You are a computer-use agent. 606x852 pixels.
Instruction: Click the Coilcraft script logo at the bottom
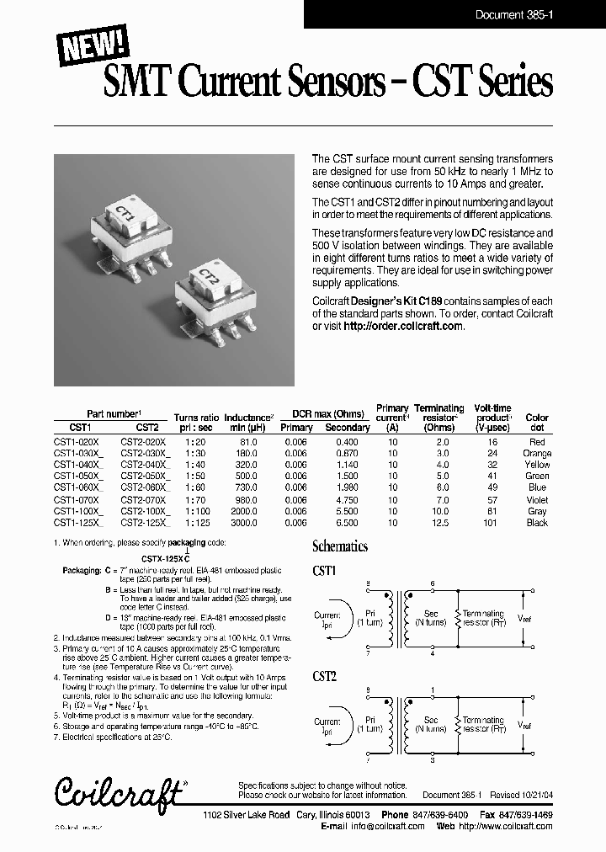(119, 791)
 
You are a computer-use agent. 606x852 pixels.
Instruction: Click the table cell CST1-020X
(77, 442)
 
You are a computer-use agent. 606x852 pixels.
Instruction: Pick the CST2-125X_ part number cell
(146, 523)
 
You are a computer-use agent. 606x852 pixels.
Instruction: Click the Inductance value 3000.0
(244, 523)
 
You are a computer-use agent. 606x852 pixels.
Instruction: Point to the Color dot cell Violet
(536, 500)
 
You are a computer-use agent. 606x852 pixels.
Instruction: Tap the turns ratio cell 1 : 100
(196, 511)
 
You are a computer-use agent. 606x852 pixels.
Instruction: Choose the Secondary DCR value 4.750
(347, 500)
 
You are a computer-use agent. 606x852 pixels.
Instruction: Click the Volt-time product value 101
(492, 523)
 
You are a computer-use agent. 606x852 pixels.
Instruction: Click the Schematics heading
(340, 546)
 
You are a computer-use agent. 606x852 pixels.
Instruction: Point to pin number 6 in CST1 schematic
(433, 583)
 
